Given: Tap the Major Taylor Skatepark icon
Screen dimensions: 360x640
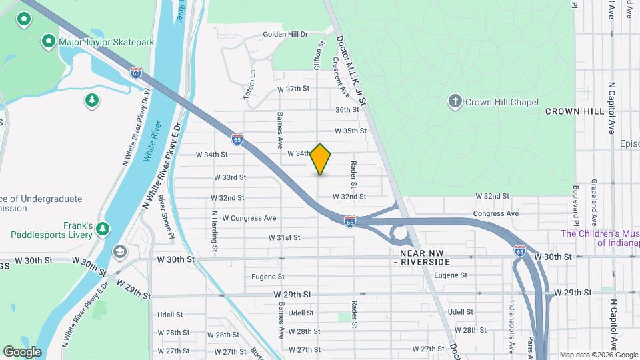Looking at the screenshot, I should coord(49,42).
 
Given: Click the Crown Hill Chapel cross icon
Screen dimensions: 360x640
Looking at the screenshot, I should coord(455,101).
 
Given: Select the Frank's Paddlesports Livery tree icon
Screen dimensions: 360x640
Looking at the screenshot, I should coord(103,229).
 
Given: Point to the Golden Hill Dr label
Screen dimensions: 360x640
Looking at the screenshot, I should coord(285,34).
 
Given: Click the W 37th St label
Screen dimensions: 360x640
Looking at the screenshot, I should coord(293,89).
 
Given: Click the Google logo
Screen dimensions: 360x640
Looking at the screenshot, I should coord(22,351).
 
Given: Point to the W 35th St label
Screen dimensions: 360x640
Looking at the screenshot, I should coord(351,131).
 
